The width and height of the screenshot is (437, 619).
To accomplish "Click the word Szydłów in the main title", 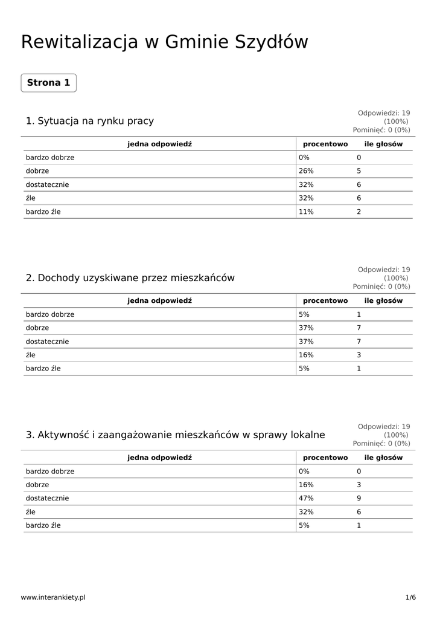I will (x=270, y=42).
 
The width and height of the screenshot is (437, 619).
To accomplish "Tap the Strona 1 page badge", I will (x=48, y=83).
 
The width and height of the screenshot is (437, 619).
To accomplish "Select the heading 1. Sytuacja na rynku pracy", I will (x=89, y=121).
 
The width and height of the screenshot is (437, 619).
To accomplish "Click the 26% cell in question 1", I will (x=306, y=171).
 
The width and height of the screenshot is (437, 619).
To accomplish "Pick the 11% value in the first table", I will (x=306, y=212).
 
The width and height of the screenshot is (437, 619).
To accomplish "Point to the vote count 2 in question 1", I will (x=359, y=212).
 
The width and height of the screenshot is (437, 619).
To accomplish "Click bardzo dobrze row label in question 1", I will (x=50, y=157).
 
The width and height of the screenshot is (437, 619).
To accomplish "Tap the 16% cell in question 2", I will (x=306, y=355).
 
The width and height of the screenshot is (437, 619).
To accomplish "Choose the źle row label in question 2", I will (x=30, y=355).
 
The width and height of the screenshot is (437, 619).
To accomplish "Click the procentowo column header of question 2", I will (x=325, y=300).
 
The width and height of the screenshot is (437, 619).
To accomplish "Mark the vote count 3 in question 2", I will (x=359, y=355).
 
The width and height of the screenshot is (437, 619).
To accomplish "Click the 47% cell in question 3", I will (x=306, y=498).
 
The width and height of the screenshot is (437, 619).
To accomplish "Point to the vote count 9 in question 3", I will (x=359, y=498).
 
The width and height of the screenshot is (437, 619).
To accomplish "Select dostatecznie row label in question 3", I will (x=47, y=498).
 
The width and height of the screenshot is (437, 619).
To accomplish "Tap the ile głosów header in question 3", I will (x=383, y=458).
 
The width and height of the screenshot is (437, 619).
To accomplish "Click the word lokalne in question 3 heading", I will (x=307, y=435).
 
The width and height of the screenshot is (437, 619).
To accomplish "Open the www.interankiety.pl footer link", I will (x=53, y=597).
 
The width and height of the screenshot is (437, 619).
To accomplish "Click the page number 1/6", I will (x=410, y=597).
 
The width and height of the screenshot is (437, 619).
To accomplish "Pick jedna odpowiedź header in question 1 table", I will (x=159, y=144).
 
